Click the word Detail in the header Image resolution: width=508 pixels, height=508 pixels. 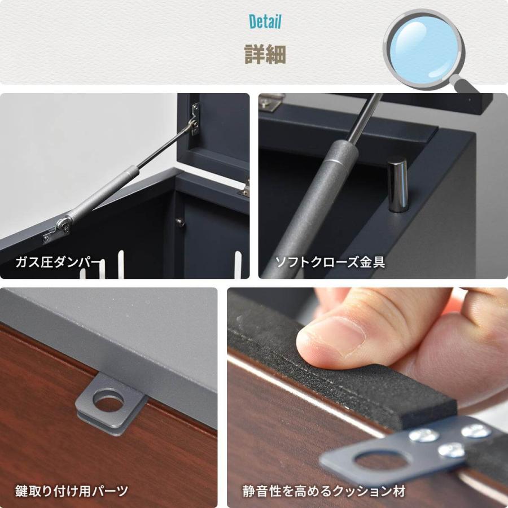click(265, 22)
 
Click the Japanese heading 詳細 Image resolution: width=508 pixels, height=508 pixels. click(265, 55)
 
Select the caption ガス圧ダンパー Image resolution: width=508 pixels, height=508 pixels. click(59, 262)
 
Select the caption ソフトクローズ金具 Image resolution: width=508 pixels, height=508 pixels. click(330, 262)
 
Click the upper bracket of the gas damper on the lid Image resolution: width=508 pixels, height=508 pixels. click(195, 119)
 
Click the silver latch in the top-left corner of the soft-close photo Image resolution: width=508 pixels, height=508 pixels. click(271, 102)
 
